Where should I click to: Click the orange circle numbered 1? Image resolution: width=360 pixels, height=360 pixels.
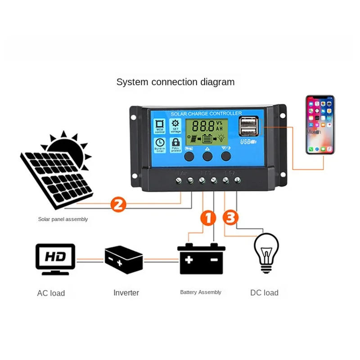[208, 218]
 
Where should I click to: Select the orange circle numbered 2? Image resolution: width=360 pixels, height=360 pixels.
[118, 205]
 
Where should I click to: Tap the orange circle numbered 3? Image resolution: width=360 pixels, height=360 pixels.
[231, 218]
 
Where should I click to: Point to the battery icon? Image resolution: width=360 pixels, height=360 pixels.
[201, 259]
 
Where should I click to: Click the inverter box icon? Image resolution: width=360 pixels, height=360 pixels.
[123, 260]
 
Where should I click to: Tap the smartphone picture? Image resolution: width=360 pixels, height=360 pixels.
[320, 125]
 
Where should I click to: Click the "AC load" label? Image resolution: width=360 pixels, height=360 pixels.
[51, 293]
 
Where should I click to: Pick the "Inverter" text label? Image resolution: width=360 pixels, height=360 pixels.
[126, 293]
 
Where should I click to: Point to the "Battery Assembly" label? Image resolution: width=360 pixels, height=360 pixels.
[201, 292]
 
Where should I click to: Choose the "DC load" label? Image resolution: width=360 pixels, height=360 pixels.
[264, 293]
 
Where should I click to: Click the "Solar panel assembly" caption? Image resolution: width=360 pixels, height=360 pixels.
[63, 220]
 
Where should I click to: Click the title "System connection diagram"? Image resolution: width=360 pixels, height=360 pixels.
[175, 82]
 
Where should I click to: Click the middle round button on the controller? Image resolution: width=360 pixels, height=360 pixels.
[207, 156]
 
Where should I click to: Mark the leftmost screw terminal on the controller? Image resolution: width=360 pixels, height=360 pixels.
[179, 180]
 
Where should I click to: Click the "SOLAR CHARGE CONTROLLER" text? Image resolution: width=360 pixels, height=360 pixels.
[206, 113]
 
